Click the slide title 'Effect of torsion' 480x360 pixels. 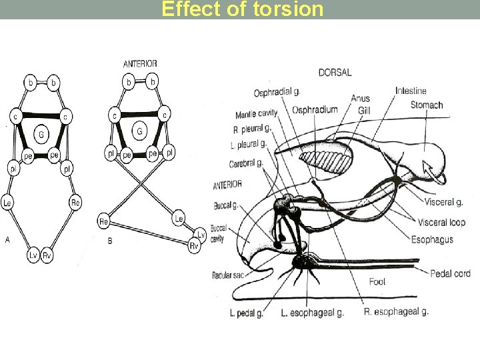pos(243,9)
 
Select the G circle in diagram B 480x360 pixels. pos(139,131)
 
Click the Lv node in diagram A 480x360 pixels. pos(33,255)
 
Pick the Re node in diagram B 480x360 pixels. pos(105,221)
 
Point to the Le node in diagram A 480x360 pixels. pos(7,203)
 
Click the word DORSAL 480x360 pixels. pos(335,72)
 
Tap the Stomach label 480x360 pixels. pos(427,105)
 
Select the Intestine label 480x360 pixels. pos(411,91)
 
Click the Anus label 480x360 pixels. pos(360,99)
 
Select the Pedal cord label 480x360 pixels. pos(451,273)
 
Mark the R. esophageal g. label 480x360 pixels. pos(396,311)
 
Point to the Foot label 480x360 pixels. pos(377,282)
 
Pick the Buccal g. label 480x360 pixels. pos(227,205)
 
